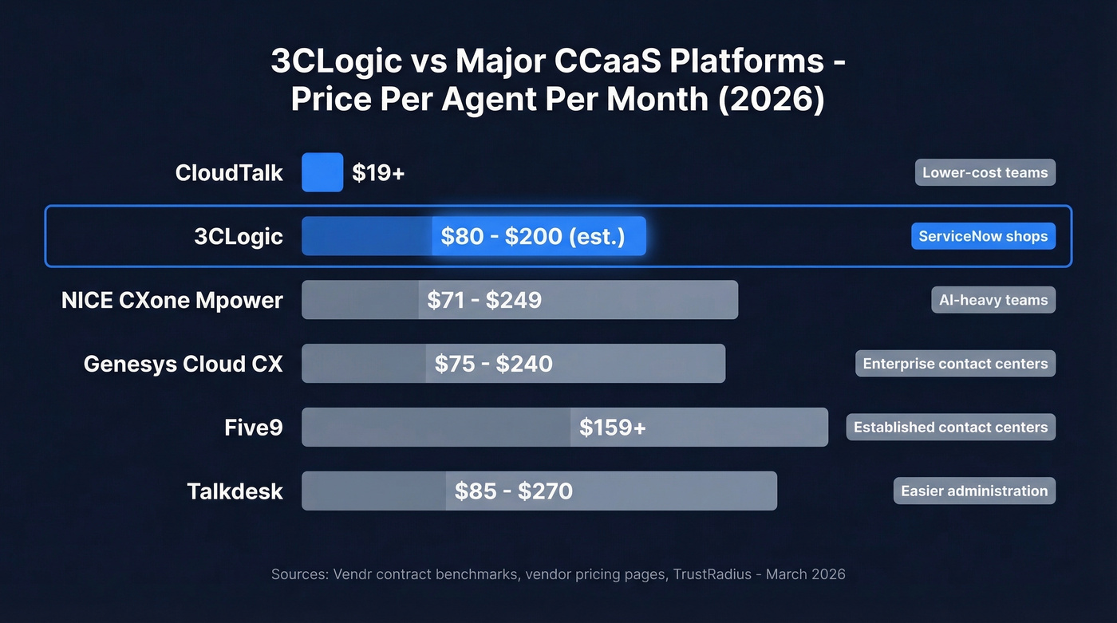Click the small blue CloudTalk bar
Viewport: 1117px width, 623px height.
(322, 172)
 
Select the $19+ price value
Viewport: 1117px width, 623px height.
(378, 172)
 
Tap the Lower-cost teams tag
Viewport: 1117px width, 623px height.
(985, 172)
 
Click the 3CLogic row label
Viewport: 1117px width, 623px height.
(239, 236)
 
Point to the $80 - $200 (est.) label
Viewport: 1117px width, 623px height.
(532, 236)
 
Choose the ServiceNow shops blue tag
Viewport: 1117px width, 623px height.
(983, 236)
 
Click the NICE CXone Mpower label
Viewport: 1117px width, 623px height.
(172, 300)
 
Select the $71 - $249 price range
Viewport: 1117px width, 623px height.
(484, 300)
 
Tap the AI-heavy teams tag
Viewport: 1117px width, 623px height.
(993, 300)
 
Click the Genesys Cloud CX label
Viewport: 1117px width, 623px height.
(184, 364)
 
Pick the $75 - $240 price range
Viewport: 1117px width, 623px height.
(493, 364)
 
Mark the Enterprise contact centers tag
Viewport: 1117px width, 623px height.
(955, 364)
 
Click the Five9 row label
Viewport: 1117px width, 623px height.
(254, 428)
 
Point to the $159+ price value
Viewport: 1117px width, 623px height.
(612, 428)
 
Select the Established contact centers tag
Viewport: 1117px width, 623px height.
(950, 428)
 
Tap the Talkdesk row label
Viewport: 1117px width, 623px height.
(235, 491)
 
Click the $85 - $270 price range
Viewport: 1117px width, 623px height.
(513, 491)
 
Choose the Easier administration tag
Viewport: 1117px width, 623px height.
(974, 491)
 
